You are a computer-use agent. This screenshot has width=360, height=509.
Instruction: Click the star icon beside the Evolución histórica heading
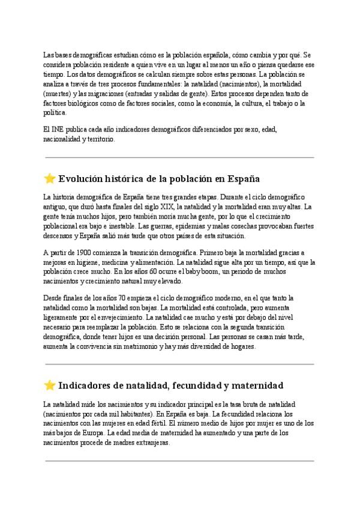pyautogui.click(x=50, y=178)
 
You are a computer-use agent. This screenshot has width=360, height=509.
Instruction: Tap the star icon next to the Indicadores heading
pyautogui.click(x=50, y=385)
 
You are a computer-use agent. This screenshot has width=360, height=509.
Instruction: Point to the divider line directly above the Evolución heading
pyautogui.click(x=179, y=157)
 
